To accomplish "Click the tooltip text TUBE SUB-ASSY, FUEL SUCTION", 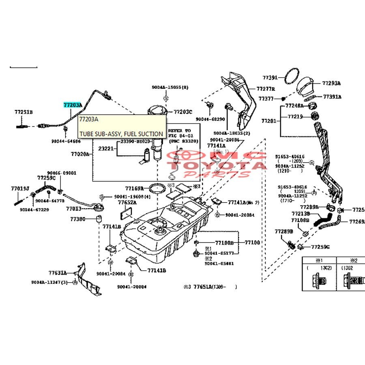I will point(121,134).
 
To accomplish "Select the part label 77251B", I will point(24,112).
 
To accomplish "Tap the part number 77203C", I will point(183,112).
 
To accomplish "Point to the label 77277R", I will point(266,89).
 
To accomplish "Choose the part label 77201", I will point(268,121).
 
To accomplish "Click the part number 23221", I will point(106,149).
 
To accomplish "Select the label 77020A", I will point(79,154).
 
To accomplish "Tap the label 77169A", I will point(134,188).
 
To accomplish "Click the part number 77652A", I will point(127,202).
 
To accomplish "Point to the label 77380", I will point(77,219).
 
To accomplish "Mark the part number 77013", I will point(74,209).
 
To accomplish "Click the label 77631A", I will point(57,273).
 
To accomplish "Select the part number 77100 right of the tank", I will point(252,243).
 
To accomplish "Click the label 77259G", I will point(320,247).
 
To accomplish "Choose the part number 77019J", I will point(19,189).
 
